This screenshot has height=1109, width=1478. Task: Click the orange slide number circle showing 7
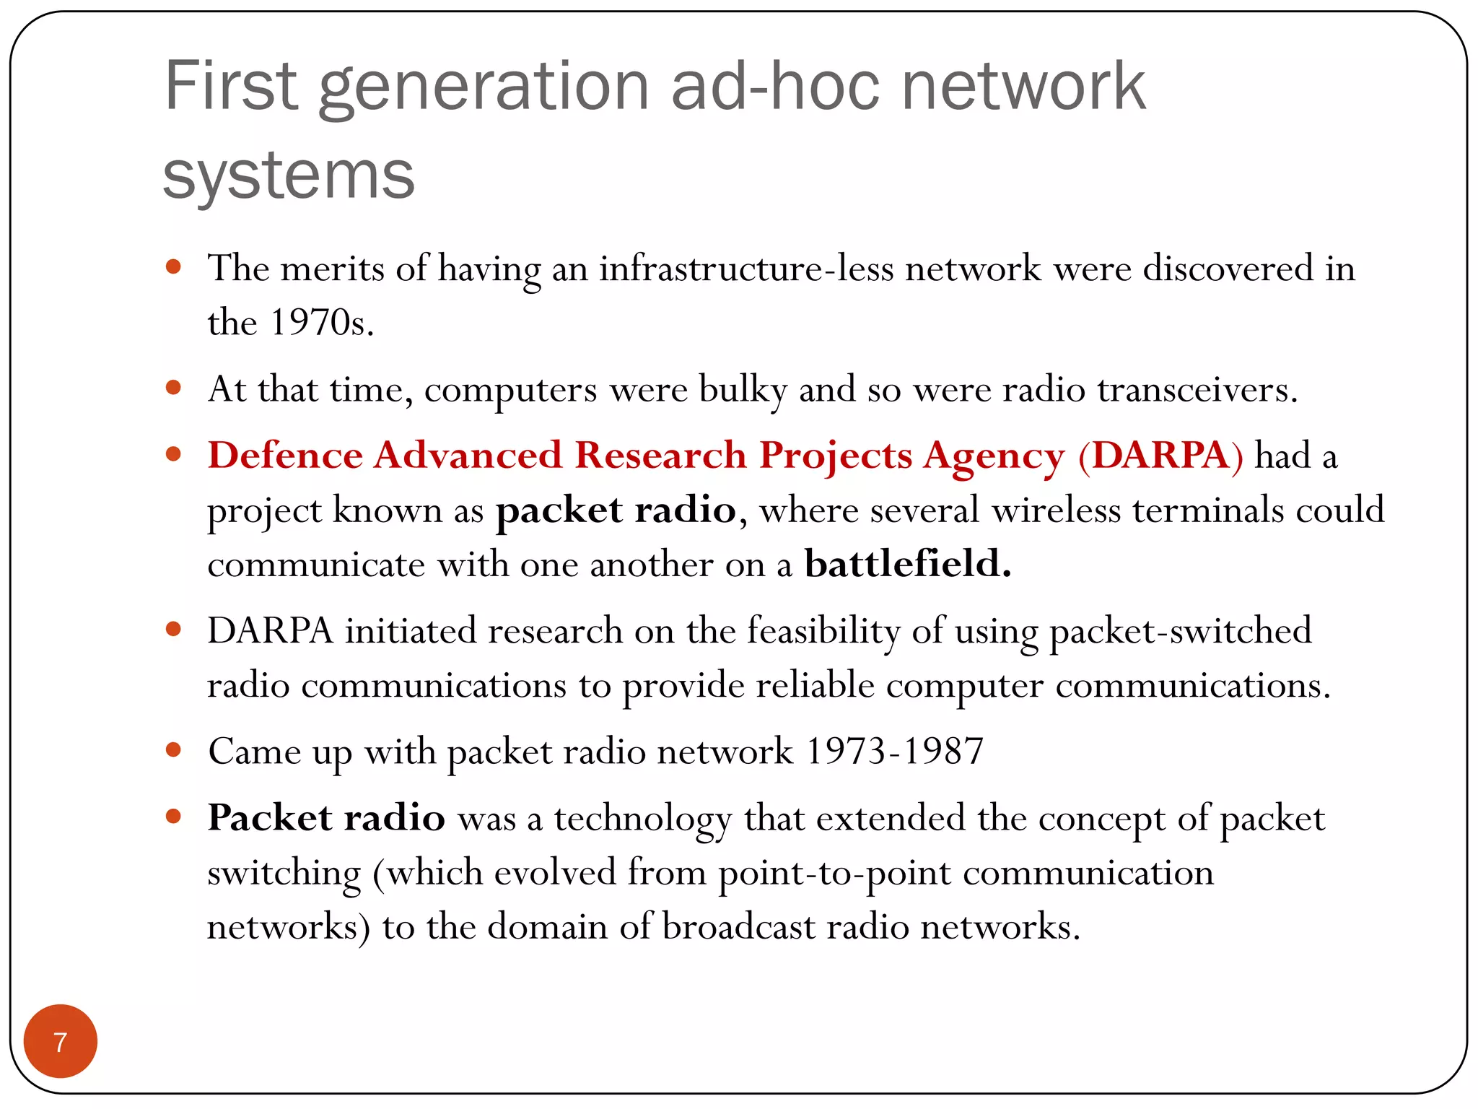point(61,1041)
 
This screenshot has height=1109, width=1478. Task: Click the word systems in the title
point(289,175)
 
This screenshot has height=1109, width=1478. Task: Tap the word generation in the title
point(484,88)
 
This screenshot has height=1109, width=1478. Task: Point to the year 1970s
point(321,323)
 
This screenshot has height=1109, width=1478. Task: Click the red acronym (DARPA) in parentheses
point(1160,456)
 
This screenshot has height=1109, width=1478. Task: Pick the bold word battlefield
point(907,564)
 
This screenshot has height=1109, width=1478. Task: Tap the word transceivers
point(1197,390)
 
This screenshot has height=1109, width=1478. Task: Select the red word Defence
point(285,456)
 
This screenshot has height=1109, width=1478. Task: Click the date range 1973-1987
point(894,752)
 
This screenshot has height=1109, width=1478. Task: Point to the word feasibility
point(823,631)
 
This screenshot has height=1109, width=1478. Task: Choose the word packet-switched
point(1180,631)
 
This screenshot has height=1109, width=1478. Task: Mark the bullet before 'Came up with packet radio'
point(173,750)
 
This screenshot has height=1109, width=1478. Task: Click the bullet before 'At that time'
point(173,388)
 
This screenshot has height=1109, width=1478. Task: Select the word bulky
point(743,391)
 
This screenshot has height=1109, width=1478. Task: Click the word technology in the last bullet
point(643,819)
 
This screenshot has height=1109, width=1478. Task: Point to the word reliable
point(815,685)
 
